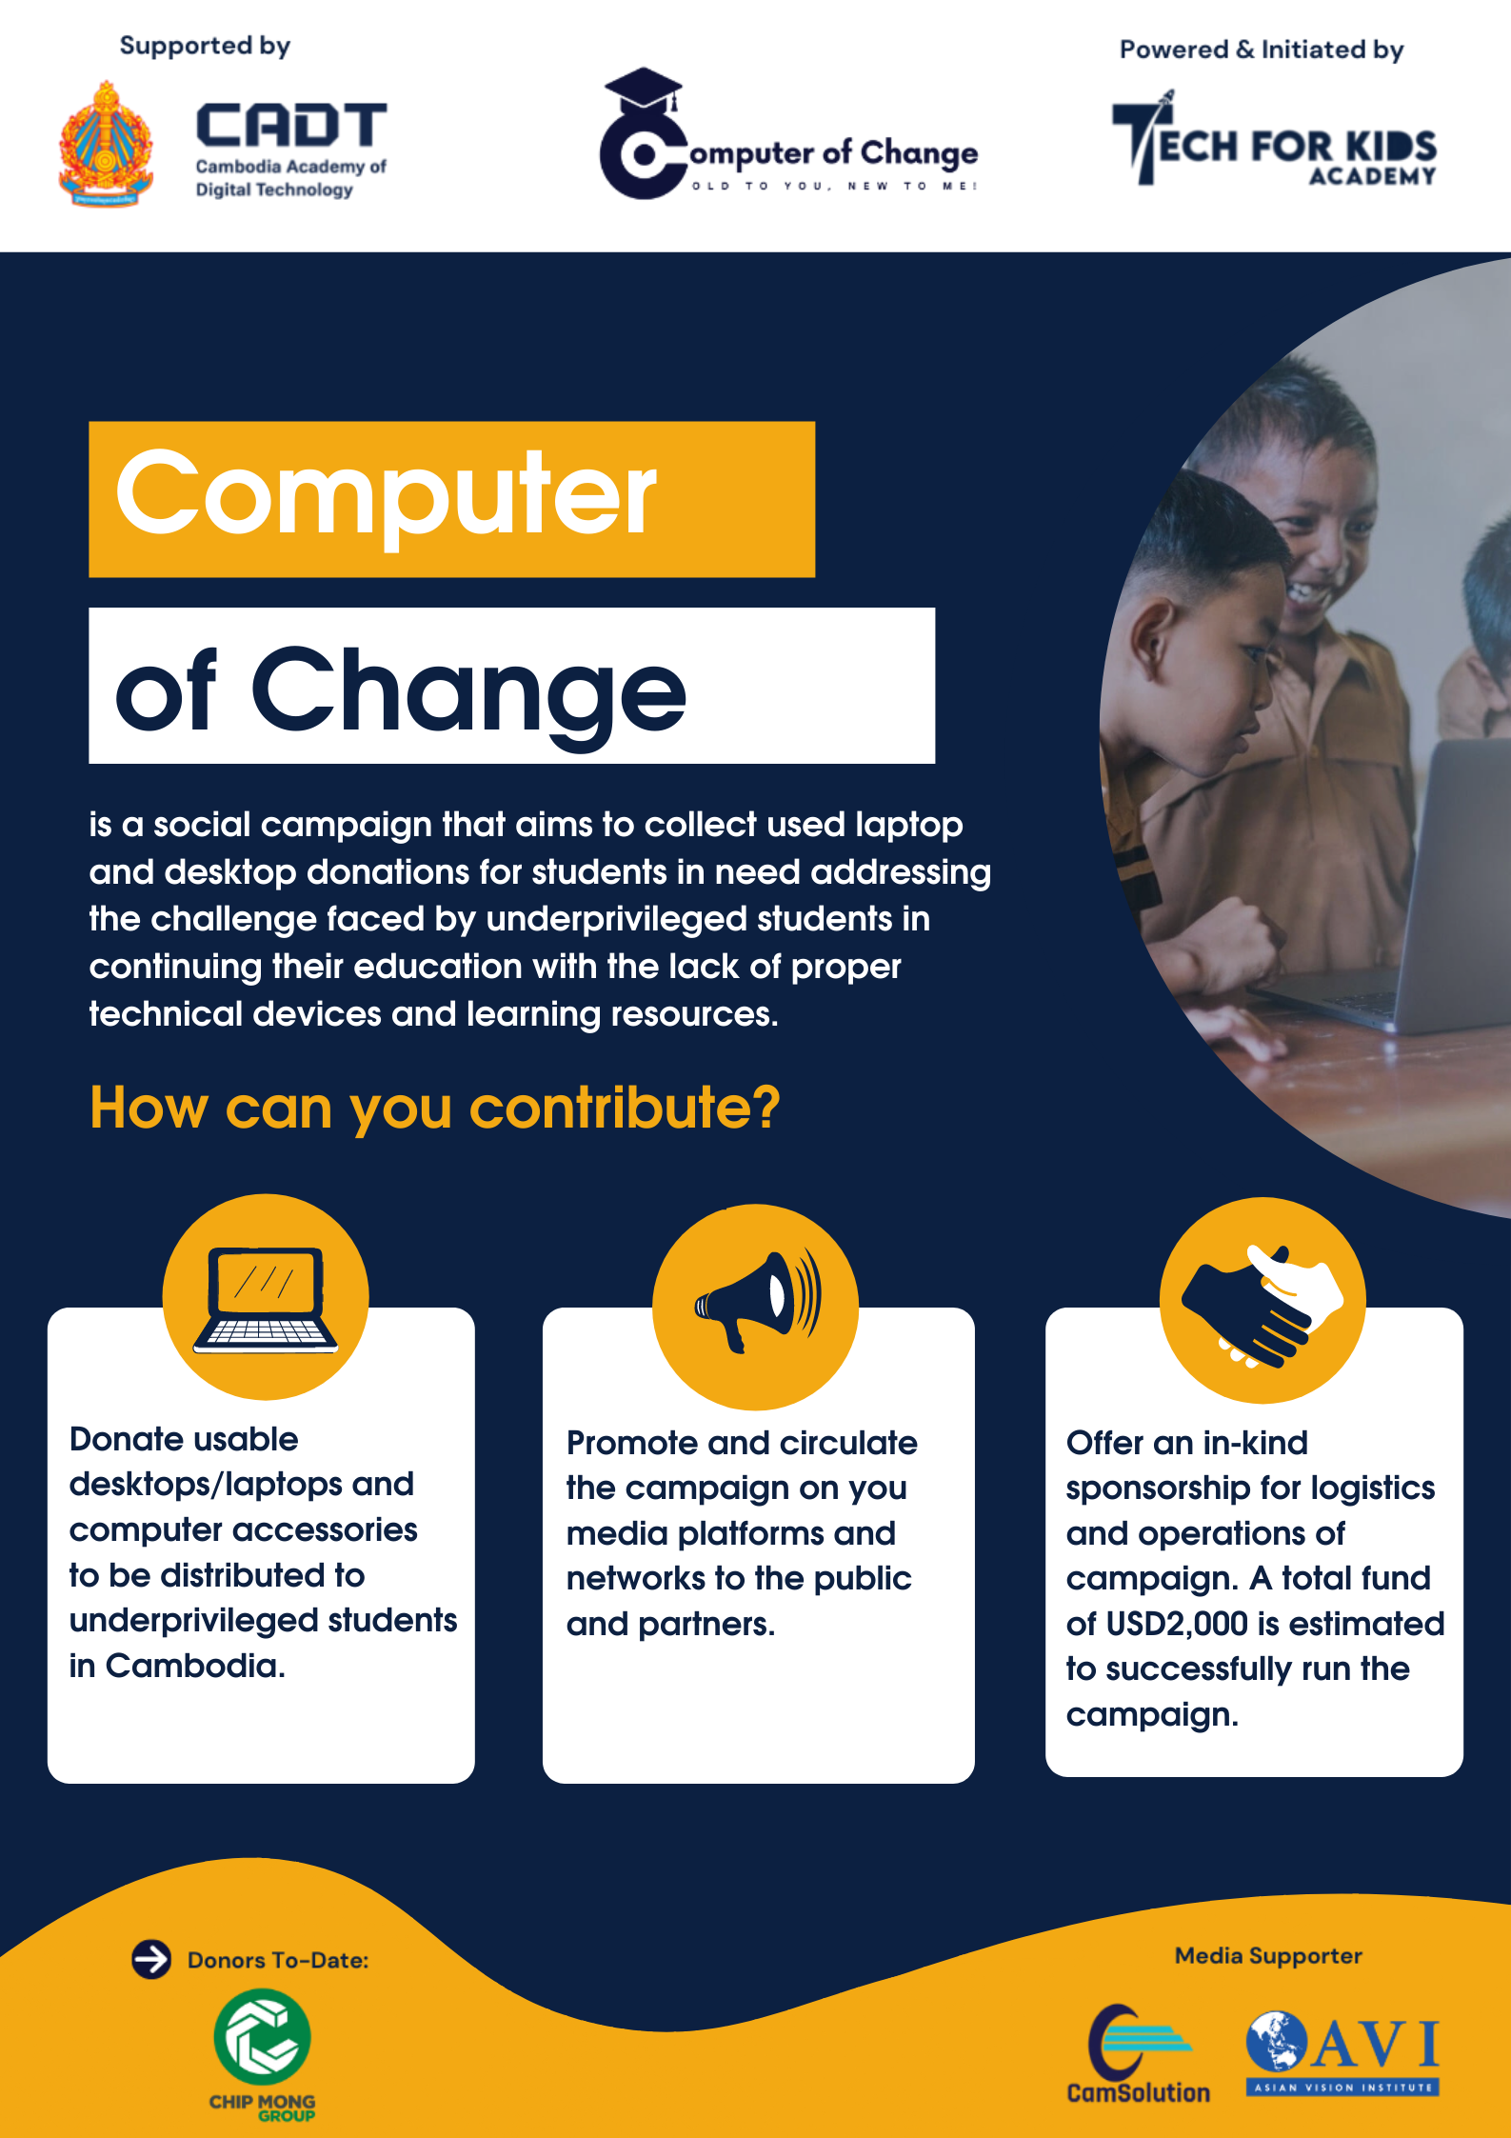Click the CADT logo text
click(x=291, y=126)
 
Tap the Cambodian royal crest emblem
click(x=106, y=145)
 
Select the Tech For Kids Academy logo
click(x=1274, y=139)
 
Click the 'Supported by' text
click(x=205, y=46)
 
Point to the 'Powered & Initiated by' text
click(x=1262, y=50)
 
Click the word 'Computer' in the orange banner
click(x=386, y=496)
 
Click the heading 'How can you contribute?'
click(x=435, y=1108)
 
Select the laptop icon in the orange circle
click(x=266, y=1300)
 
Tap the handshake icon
click(x=1262, y=1305)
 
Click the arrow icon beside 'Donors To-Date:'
click(x=151, y=1959)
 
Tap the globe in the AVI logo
click(x=1277, y=2041)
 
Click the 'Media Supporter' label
click(x=1268, y=1956)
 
